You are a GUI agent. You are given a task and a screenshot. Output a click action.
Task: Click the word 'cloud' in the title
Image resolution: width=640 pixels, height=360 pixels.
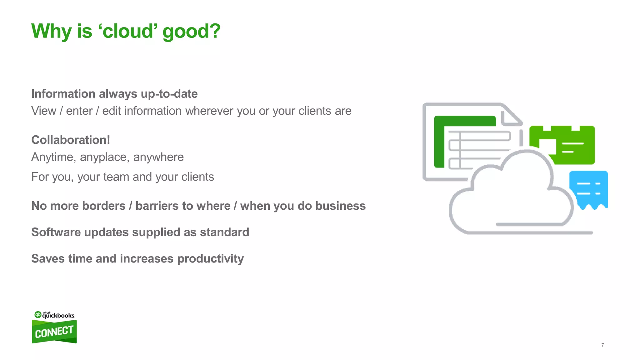[x=128, y=31]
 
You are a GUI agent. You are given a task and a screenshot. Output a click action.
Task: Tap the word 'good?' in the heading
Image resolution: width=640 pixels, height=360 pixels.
[x=191, y=32]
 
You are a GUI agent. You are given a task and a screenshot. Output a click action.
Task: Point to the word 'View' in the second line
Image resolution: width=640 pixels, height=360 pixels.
[x=44, y=111]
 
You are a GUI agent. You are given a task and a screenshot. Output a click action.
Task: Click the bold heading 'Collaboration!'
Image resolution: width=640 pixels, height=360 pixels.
[x=71, y=140]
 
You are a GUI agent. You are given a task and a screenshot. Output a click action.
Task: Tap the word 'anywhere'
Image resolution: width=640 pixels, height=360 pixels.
[x=158, y=157]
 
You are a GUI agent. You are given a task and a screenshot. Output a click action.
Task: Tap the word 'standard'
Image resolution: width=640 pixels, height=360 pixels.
[x=224, y=232]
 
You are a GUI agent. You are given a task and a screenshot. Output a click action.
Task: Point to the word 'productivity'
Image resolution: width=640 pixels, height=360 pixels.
[x=210, y=259]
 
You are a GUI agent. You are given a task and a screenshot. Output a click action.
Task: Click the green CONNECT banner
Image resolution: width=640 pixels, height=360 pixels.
[x=54, y=332]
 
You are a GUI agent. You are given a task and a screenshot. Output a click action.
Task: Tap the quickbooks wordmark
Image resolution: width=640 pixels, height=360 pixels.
[x=58, y=315]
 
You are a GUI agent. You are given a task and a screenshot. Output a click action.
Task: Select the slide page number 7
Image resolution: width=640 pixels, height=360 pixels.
[x=602, y=345]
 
